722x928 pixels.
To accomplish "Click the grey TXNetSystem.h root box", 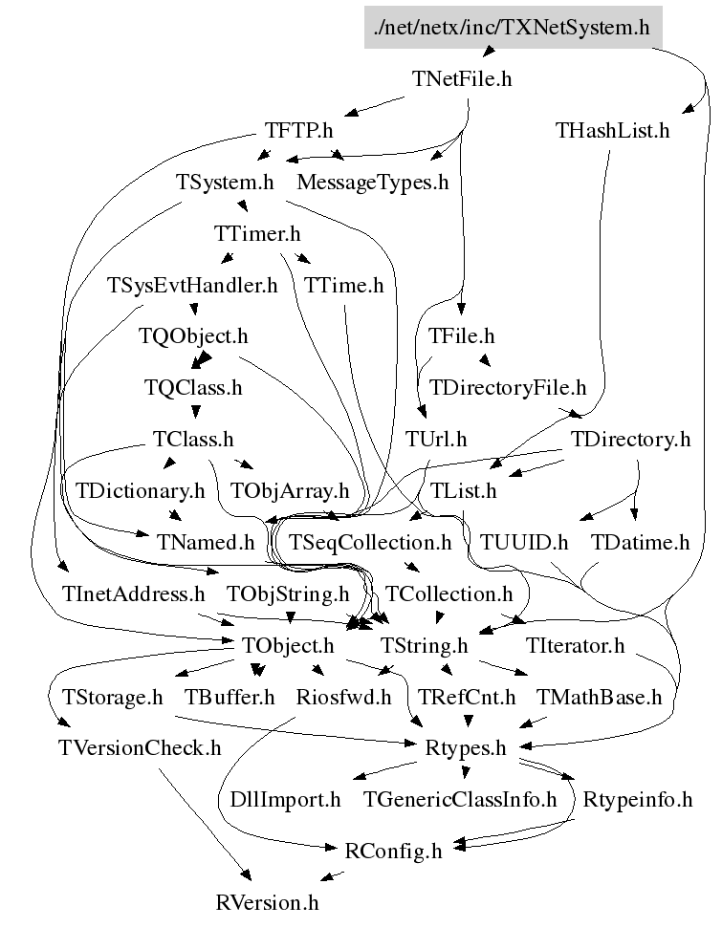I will point(513,27).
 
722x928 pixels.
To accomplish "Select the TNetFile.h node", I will point(462,79).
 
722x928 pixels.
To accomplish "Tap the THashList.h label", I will point(612,131).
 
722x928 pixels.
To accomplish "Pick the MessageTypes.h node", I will point(373,183).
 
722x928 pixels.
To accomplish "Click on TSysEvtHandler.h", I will point(192,285).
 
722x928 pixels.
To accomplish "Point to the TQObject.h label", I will point(193,336).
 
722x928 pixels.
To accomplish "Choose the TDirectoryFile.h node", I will point(507,388).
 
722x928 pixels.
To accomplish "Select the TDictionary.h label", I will point(141,491).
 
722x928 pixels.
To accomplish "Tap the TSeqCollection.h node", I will point(370,543).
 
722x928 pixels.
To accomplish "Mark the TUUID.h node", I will point(524,543).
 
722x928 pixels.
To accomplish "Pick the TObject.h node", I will point(289,646).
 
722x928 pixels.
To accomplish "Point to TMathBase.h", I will point(599,698).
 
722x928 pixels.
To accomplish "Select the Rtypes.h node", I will point(465,748).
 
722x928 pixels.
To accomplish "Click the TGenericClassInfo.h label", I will point(459,800).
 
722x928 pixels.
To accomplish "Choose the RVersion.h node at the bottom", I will point(267,902).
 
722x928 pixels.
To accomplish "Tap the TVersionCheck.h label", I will point(140,748).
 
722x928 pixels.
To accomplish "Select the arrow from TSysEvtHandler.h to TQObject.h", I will point(194,308).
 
